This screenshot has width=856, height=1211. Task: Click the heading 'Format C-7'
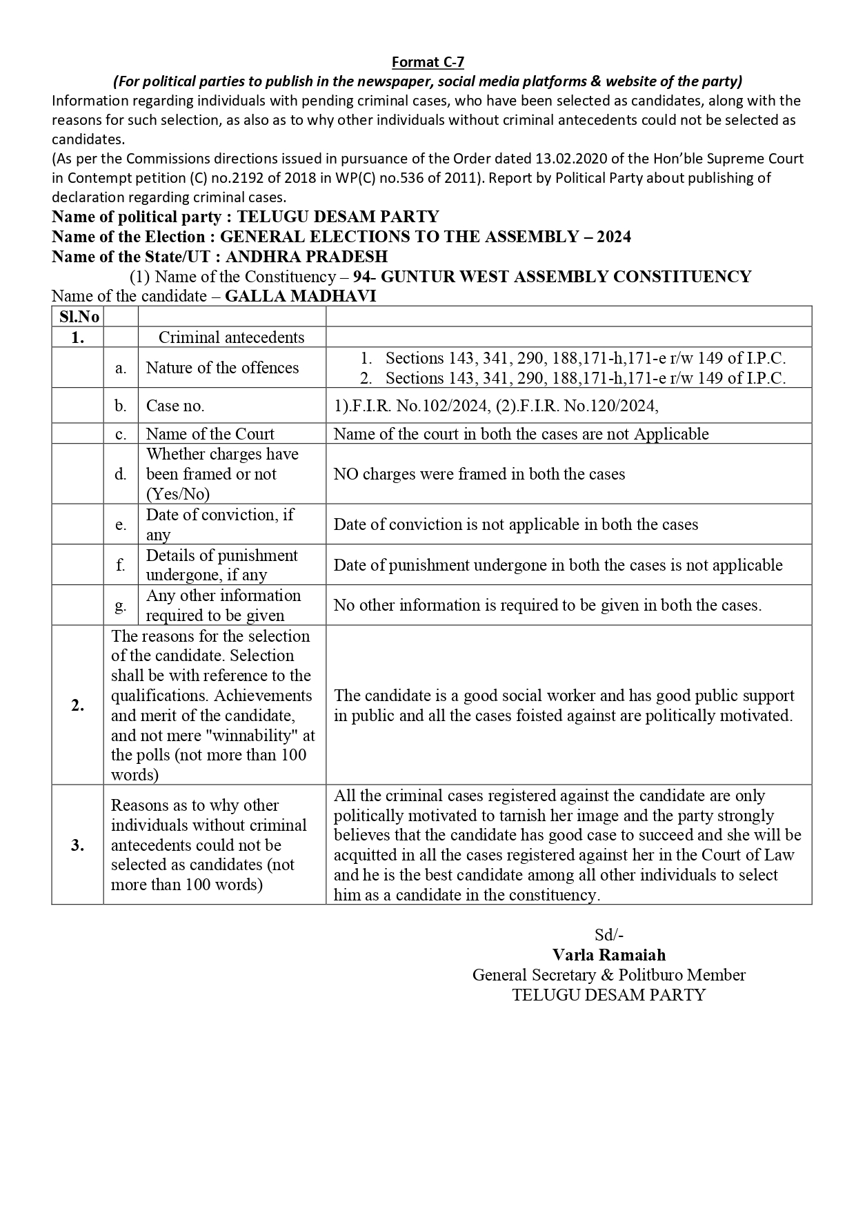click(428, 62)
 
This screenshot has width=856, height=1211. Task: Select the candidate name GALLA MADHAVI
click(301, 296)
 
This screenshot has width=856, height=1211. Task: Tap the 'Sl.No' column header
click(77, 317)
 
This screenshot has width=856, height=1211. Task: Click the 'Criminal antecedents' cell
click(231, 337)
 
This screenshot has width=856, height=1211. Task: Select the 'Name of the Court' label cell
click(210, 434)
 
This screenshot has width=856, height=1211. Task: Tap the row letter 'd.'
click(121, 474)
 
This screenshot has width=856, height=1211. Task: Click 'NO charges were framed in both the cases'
click(479, 474)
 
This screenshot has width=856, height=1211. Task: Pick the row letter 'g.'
click(121, 605)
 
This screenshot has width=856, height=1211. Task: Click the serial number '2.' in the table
click(77, 705)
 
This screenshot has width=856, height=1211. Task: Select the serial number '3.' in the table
click(77, 845)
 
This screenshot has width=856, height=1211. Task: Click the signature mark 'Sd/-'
click(609, 935)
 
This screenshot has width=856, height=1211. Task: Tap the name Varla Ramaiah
click(609, 955)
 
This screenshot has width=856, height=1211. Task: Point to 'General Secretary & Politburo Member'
click(609, 975)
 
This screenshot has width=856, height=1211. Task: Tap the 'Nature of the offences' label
click(222, 368)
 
